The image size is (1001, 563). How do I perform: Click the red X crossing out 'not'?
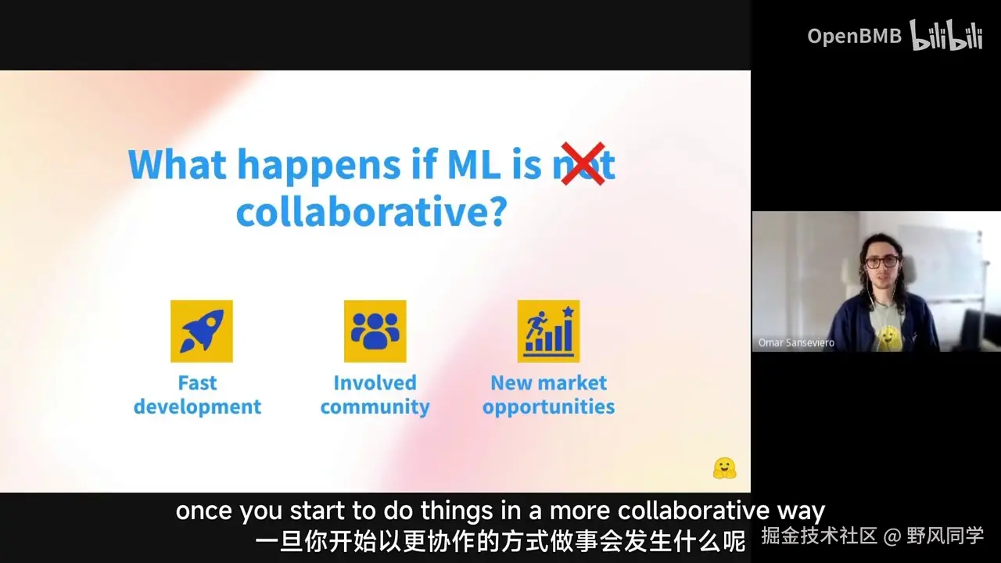pyautogui.click(x=583, y=163)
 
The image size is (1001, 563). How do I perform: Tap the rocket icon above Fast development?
pyautogui.click(x=202, y=331)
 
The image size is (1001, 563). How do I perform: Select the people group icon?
pyautogui.click(x=375, y=331)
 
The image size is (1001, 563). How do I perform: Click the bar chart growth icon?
pyautogui.click(x=548, y=331)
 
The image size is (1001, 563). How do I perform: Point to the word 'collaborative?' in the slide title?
pyautogui.click(x=371, y=211)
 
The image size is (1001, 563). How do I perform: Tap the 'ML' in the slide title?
pyautogui.click(x=473, y=164)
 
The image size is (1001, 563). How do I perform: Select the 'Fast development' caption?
pyautogui.click(x=197, y=395)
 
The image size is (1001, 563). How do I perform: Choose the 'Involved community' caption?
pyautogui.click(x=375, y=395)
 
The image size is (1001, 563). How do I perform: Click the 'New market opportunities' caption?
pyautogui.click(x=549, y=395)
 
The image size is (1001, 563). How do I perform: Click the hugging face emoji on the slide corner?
pyautogui.click(x=724, y=468)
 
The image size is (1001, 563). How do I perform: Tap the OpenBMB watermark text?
pyautogui.click(x=855, y=36)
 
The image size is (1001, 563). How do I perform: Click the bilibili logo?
pyautogui.click(x=946, y=35)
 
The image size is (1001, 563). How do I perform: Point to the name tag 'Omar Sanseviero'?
pyautogui.click(x=796, y=342)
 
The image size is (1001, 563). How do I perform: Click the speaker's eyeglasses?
pyautogui.click(x=882, y=262)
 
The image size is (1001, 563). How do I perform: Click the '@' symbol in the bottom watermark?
pyautogui.click(x=892, y=536)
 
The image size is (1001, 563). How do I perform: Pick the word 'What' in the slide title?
pyautogui.click(x=178, y=164)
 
